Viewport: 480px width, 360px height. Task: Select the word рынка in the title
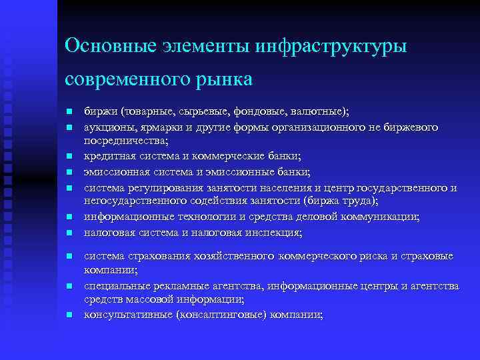tap(225, 79)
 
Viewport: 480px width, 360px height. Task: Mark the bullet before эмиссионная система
tap(69, 172)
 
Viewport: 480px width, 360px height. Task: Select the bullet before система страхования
tap(69, 256)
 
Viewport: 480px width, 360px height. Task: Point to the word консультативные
tap(125, 315)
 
